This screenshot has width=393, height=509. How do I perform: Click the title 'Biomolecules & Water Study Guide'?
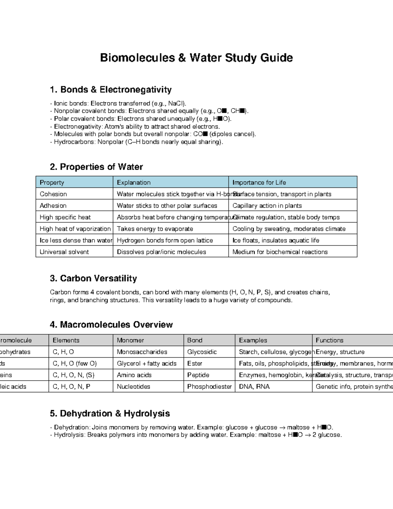196,58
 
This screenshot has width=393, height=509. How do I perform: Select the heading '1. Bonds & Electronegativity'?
111,89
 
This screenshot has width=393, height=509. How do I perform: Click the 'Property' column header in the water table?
52,183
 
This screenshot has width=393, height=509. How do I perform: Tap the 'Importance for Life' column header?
259,183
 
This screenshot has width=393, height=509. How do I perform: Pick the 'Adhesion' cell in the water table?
53,206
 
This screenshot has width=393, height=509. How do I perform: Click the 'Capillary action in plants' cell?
267,206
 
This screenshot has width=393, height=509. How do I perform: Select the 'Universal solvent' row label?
64,252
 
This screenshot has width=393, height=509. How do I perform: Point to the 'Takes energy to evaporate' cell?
155,229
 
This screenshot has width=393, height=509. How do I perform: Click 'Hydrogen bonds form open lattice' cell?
165,241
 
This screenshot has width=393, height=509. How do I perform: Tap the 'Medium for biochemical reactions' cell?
280,252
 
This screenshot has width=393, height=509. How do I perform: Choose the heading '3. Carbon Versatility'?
93,278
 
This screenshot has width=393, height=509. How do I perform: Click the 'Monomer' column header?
130,340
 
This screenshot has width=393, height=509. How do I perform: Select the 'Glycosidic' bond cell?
202,352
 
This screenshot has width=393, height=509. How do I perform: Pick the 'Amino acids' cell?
134,375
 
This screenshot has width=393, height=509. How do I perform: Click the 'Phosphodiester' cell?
209,387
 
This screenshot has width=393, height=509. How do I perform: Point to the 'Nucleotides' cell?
133,387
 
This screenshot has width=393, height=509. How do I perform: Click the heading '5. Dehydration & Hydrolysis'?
110,413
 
